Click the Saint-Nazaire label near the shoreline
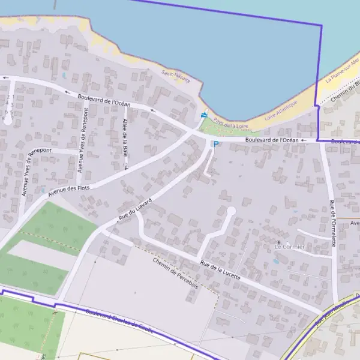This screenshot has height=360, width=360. pos(176,76)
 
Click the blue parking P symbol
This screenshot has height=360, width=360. pos(215,144)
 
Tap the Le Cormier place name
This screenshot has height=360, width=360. pos(290,247)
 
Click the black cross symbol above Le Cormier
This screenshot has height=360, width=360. pos(278,242)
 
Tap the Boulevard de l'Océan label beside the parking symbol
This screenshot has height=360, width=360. pos(272,140)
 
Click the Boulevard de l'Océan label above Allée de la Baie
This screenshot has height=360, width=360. pos(104,100)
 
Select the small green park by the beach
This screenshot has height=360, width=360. pos(217,126)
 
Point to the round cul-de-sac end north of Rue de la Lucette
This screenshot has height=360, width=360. pos(231,211)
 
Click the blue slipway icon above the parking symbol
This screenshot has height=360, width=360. pos(204,115)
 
